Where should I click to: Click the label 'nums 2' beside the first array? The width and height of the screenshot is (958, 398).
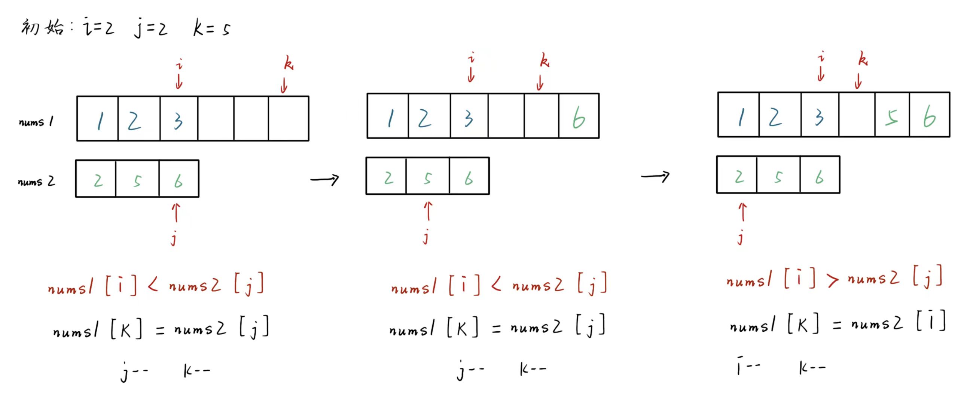click(x=36, y=182)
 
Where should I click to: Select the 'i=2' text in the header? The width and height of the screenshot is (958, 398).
click(x=98, y=27)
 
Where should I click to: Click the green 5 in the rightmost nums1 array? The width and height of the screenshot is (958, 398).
click(x=891, y=118)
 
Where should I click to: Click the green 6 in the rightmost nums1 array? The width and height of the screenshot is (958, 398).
click(x=929, y=118)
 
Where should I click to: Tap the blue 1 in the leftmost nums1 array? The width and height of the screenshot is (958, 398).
click(x=100, y=121)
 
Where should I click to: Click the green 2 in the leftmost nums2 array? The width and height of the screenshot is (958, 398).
click(x=98, y=181)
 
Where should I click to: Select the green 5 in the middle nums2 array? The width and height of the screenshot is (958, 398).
click(x=427, y=178)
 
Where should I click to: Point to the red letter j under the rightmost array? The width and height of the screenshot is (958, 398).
click(x=740, y=238)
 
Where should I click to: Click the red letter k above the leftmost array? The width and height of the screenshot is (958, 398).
click(x=289, y=63)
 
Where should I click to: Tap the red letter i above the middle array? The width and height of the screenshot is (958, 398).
click(x=472, y=58)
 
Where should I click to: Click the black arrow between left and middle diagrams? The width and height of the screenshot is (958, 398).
click(x=324, y=180)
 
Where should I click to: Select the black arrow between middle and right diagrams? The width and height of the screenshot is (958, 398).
click(x=655, y=176)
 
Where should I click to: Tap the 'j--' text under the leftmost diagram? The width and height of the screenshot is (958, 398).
click(x=134, y=372)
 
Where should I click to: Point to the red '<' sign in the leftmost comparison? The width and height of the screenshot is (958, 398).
click(x=153, y=286)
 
